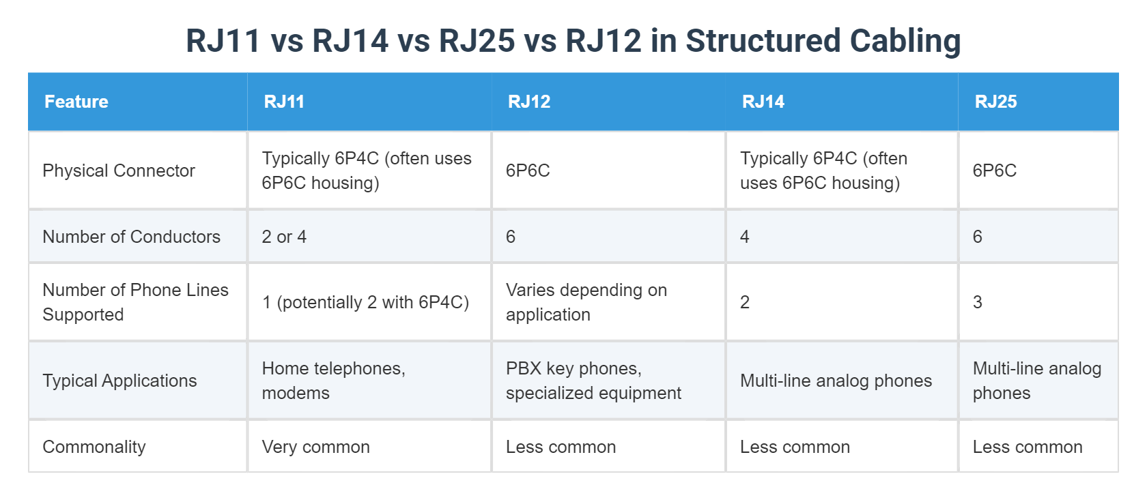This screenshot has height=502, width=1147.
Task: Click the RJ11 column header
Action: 284,102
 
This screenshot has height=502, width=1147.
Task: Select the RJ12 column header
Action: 529,102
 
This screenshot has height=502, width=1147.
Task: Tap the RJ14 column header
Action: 763,102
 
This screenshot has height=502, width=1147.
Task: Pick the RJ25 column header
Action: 995,102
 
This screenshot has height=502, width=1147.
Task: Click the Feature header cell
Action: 76,102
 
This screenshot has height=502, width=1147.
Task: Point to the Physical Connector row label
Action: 119,171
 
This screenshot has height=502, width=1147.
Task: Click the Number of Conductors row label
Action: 131,237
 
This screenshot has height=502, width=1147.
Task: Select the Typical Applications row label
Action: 119,381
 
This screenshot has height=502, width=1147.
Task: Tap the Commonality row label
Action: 94,447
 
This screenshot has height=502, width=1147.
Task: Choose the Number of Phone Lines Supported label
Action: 135,302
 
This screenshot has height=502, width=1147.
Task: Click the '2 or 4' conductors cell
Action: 284,237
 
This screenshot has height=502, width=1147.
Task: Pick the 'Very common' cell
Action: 315,447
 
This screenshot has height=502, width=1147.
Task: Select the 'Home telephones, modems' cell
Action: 333,381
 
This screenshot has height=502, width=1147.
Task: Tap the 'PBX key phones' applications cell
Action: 593,381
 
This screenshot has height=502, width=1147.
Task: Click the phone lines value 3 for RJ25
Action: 978,302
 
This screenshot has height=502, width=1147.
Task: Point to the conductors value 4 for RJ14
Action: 745,237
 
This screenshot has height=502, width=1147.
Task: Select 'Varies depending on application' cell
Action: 586,302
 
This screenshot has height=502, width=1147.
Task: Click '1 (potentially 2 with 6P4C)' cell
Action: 365,302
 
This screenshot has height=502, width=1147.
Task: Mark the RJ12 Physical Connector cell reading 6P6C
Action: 528,171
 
